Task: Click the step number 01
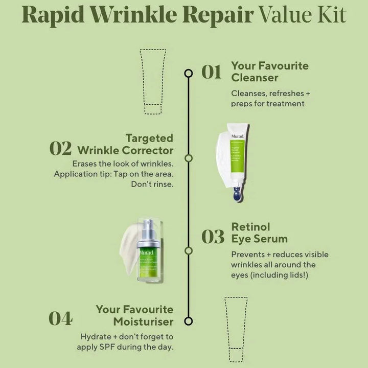coord(211,73)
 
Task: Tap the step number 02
coord(60,148)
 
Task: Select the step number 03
coord(213,237)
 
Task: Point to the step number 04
coord(60,318)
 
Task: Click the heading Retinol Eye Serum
coord(259,233)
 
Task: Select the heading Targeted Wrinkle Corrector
coord(125,144)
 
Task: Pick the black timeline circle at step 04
coord(188,321)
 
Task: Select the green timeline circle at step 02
coord(188,158)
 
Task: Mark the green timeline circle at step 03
coord(188,251)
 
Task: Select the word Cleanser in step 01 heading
coord(255,78)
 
